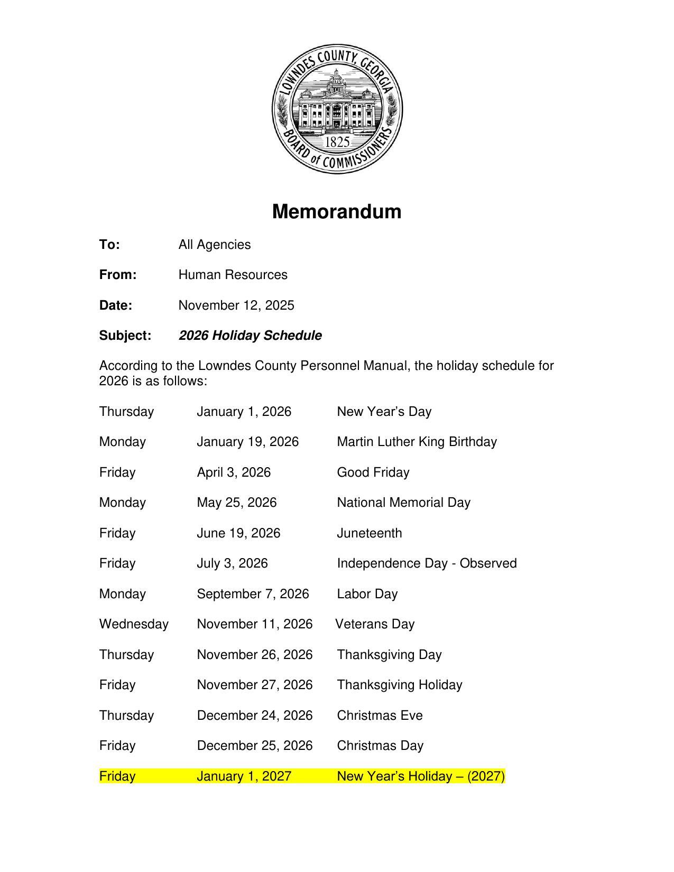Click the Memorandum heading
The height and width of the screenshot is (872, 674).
click(x=337, y=212)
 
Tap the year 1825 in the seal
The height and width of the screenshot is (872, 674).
click(x=337, y=142)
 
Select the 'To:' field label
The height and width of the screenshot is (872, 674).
click(x=109, y=245)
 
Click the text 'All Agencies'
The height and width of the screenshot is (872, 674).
click(x=214, y=245)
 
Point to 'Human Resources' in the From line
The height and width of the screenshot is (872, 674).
click(x=233, y=275)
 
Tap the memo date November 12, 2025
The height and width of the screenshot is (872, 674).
click(x=236, y=305)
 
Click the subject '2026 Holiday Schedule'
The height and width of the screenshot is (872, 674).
click(x=250, y=336)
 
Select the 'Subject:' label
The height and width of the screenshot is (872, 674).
click(x=125, y=336)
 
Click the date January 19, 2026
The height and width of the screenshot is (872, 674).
click(x=247, y=442)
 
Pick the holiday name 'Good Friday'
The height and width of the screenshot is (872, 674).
click(x=373, y=472)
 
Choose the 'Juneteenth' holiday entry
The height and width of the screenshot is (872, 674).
click(x=369, y=533)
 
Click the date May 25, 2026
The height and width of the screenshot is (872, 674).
click(x=236, y=503)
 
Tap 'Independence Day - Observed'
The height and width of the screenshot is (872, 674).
click(x=427, y=563)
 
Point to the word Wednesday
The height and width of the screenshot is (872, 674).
click(x=134, y=624)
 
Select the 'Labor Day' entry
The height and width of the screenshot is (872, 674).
click(x=367, y=594)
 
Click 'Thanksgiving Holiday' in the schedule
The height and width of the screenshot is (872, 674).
click(x=399, y=685)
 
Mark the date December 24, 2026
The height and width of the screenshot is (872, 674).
click(x=254, y=716)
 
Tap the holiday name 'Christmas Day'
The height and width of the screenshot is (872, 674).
click(x=380, y=746)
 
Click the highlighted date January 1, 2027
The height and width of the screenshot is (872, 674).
click(x=244, y=776)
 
